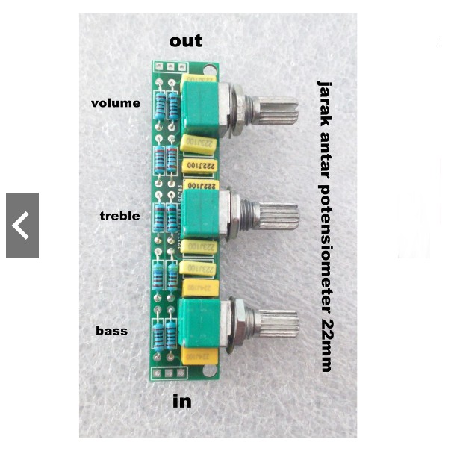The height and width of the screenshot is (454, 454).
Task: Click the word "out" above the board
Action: [185, 40]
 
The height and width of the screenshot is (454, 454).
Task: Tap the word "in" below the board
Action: [182, 401]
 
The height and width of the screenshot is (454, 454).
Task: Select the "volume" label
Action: [116, 103]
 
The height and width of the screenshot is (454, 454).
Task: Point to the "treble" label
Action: [119, 216]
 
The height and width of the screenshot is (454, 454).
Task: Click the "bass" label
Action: [111, 330]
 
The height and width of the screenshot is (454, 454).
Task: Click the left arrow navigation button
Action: [22, 226]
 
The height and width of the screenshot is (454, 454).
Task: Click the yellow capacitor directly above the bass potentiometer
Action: [201, 288]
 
